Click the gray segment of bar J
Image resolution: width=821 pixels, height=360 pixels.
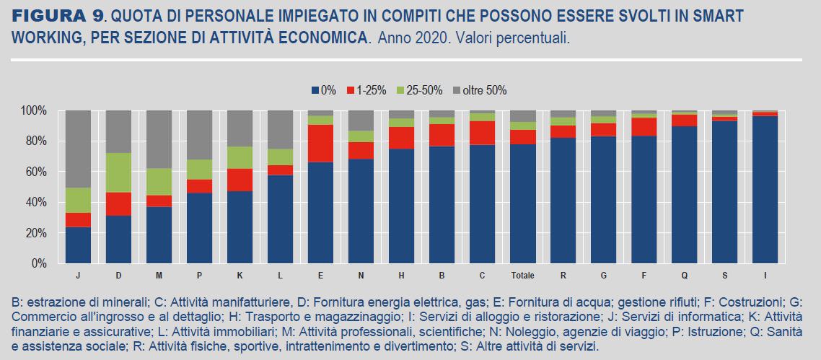pos(78,149)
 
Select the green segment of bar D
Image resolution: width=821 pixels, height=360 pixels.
pos(118,172)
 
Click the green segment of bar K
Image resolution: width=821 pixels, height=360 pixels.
pos(240,157)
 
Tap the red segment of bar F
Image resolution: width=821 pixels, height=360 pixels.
pos(644,126)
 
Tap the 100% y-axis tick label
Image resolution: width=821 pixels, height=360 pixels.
pos(33,110)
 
